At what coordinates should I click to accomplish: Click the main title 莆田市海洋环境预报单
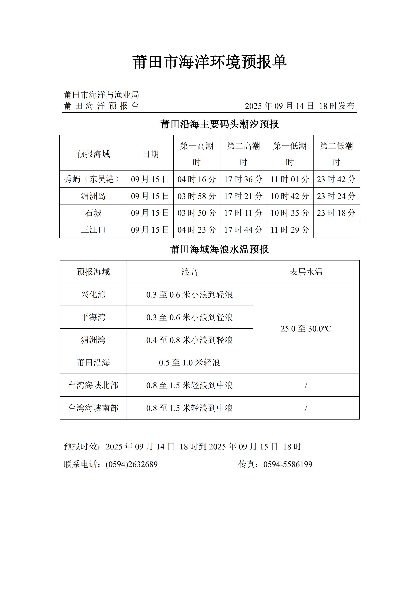pyautogui.click(x=209, y=62)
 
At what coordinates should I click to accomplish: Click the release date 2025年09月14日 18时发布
pyautogui.click(x=299, y=106)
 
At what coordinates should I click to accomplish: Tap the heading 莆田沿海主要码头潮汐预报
pyautogui.click(x=219, y=124)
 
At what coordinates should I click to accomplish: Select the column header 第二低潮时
pyautogui.click(x=336, y=154)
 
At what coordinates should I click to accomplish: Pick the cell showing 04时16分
pyautogui.click(x=197, y=179)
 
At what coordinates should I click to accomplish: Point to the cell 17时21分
pyautogui.click(x=243, y=196)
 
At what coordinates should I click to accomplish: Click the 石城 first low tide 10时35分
pyautogui.click(x=290, y=213)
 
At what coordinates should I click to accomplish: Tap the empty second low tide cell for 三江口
pyautogui.click(x=336, y=230)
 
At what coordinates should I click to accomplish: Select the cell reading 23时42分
pyautogui.click(x=336, y=179)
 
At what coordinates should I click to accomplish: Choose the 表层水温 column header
pyautogui.click(x=306, y=272)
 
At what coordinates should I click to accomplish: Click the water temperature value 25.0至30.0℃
pyautogui.click(x=306, y=328)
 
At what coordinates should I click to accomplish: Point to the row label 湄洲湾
pyautogui.click(x=93, y=340)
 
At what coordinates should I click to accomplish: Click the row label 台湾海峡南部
pyautogui.click(x=93, y=408)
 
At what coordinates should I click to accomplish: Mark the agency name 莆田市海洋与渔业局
pyautogui.click(x=101, y=95)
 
